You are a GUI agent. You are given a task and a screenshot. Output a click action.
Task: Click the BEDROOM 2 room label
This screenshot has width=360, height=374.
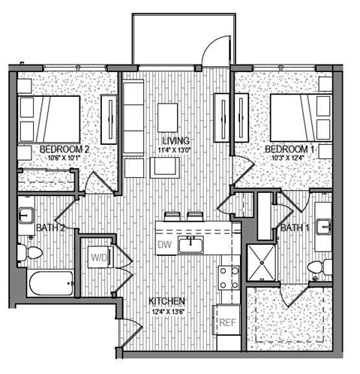click(x=65, y=150)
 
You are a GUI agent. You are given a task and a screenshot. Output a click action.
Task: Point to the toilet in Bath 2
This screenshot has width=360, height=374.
click(x=32, y=253)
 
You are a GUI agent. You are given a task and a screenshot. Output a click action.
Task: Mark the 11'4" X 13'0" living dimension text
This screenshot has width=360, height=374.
click(x=178, y=151)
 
